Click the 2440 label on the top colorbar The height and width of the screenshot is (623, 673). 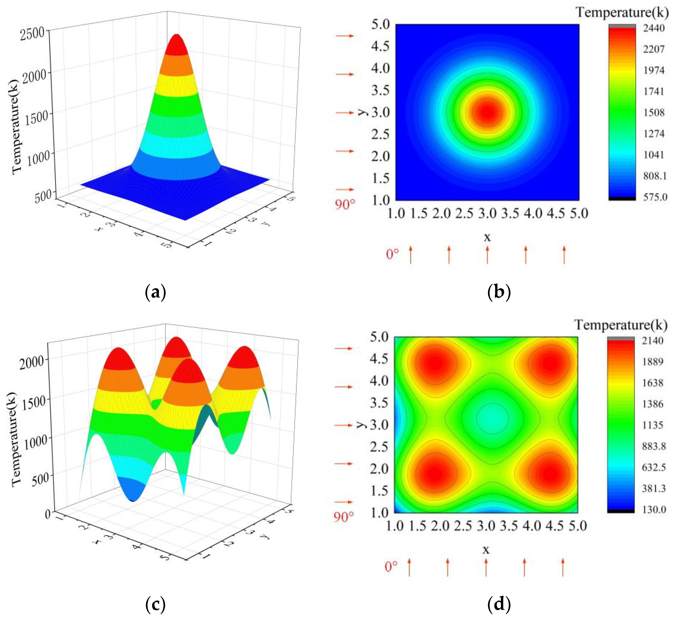coord(654,28)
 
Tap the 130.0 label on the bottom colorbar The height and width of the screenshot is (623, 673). coord(654,509)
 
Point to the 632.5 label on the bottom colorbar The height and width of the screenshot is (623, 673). coord(654,467)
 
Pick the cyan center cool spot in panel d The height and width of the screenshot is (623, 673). coord(493,418)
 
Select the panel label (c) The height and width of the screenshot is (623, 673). coord(155,605)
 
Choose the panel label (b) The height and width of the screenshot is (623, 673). coord(499,292)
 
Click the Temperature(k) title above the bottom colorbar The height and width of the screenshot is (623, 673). coord(621,325)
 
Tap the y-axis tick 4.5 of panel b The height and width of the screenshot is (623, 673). coord(380,46)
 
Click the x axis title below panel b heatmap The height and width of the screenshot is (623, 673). coord(487,238)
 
